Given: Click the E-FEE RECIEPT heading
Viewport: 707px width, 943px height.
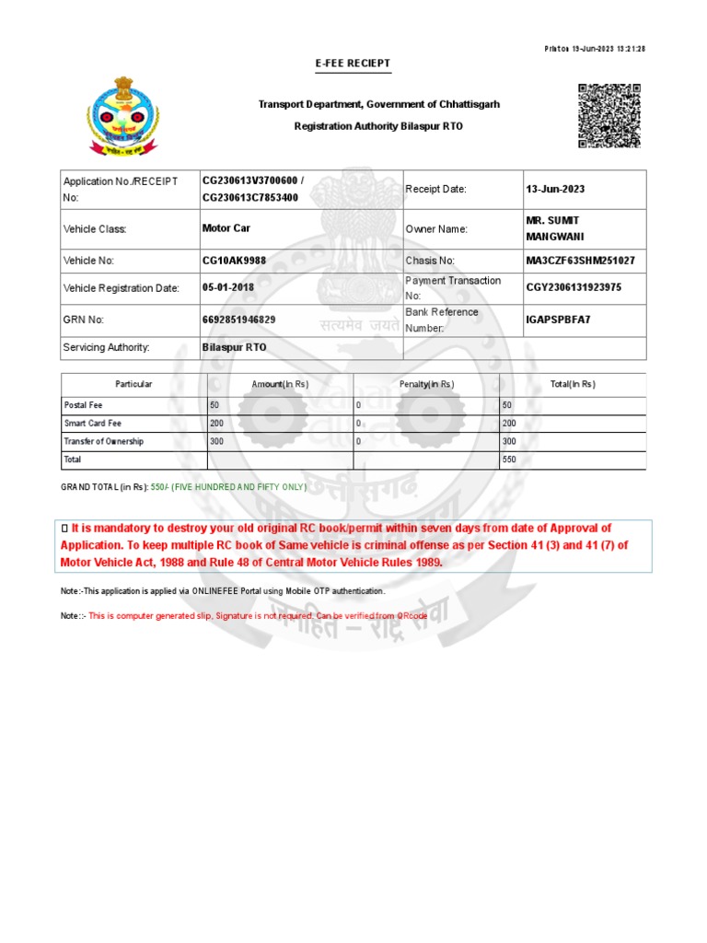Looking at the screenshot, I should pyautogui.click(x=353, y=64).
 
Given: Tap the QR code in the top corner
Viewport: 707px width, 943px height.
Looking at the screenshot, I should pyautogui.click(x=608, y=115).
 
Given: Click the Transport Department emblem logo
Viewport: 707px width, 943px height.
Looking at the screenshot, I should pyautogui.click(x=122, y=116).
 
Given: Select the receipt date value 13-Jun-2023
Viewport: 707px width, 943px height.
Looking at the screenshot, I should pyautogui.click(x=555, y=189).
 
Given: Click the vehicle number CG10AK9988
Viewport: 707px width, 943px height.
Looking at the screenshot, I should pyautogui.click(x=234, y=261).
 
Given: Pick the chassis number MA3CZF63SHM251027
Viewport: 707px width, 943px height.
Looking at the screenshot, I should pyautogui.click(x=580, y=261).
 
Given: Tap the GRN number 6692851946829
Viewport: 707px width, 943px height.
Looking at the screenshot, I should pyautogui.click(x=238, y=320).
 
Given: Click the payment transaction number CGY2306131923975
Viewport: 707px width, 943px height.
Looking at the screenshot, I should pyautogui.click(x=574, y=287).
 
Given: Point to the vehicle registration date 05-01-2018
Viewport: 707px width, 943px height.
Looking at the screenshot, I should pyautogui.click(x=228, y=287).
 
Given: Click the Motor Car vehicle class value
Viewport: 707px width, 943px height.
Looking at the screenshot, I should pyautogui.click(x=226, y=228).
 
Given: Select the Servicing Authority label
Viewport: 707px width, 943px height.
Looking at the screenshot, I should pyautogui.click(x=106, y=348).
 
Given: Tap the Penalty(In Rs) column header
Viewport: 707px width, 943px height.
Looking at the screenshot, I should pyautogui.click(x=426, y=384).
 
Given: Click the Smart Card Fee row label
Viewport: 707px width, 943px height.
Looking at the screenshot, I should pyautogui.click(x=92, y=423).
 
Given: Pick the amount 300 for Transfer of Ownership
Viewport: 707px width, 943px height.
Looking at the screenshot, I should pyautogui.click(x=216, y=441).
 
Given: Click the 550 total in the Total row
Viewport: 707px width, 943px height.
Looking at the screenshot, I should pyautogui.click(x=508, y=459).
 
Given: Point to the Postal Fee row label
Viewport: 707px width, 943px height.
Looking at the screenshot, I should pyautogui.click(x=83, y=404).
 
